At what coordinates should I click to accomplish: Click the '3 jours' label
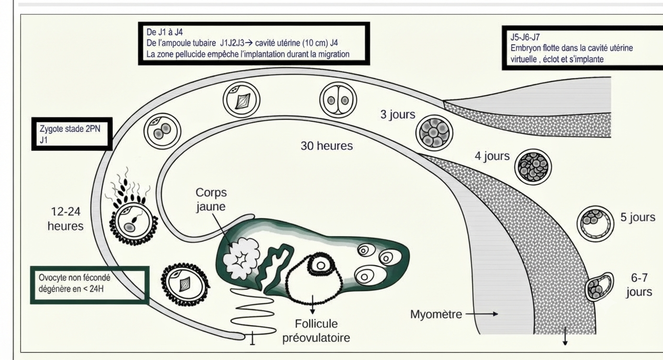(x=398, y=114)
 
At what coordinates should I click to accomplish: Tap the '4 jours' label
(x=492, y=156)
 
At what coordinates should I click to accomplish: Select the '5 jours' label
(x=638, y=217)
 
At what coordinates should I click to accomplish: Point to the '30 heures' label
(x=327, y=146)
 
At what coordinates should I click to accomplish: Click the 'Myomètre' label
(x=436, y=314)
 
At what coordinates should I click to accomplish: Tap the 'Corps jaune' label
(x=211, y=199)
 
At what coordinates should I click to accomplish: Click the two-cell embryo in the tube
(x=338, y=100)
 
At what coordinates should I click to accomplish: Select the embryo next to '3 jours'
(x=434, y=133)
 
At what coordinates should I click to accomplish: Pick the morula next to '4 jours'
(x=533, y=167)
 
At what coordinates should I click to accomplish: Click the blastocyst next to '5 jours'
(x=595, y=224)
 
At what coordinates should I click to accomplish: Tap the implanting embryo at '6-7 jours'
(x=599, y=287)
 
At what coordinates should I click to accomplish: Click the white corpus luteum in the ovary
(x=241, y=259)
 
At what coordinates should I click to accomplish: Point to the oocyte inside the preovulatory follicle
(x=320, y=265)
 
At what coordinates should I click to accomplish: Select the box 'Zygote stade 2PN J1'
(x=72, y=134)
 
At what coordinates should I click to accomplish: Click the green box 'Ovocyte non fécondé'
(x=90, y=285)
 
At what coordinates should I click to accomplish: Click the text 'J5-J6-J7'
(x=525, y=37)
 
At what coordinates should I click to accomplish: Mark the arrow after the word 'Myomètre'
(x=482, y=314)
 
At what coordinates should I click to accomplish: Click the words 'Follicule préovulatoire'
(x=316, y=331)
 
